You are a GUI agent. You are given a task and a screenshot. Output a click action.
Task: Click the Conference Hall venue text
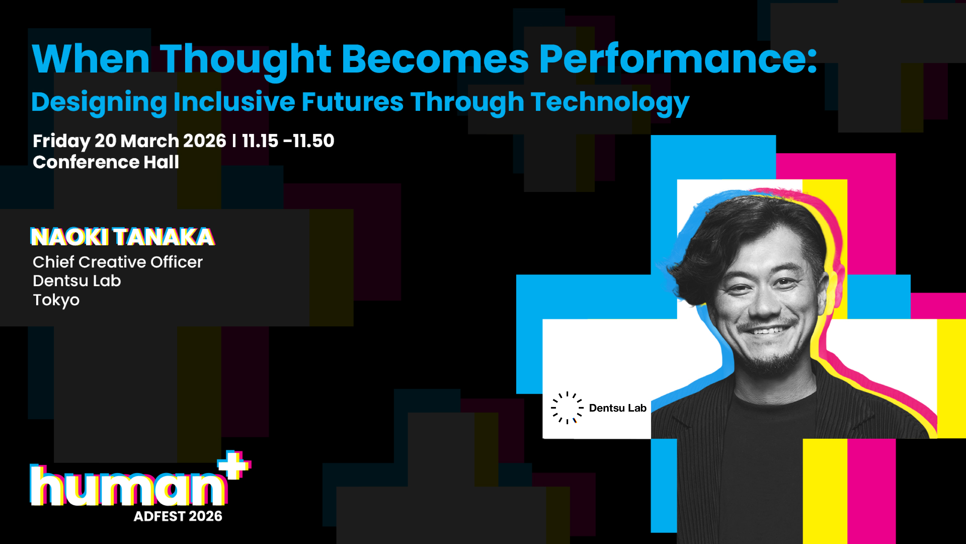106,162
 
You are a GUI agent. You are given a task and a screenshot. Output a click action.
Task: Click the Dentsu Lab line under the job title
77,281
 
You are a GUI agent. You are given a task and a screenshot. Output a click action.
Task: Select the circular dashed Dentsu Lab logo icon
567,408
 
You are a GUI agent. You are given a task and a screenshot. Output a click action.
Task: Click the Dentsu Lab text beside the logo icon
618,408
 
